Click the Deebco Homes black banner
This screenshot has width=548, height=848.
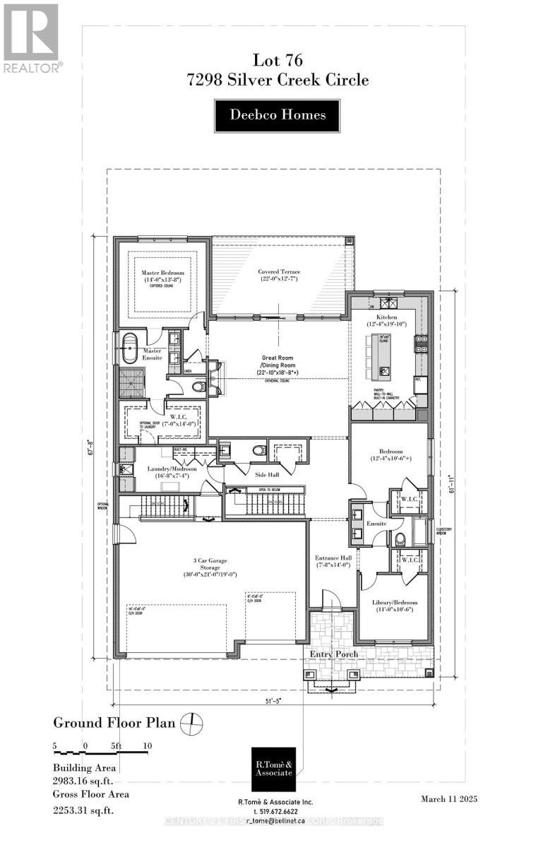pos(278,115)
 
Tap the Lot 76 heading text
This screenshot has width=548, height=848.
pos(278,62)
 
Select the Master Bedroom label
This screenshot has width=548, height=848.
pos(162,276)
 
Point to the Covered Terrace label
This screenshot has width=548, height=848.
pos(280,276)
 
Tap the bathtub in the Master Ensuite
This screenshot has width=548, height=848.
pos(131,350)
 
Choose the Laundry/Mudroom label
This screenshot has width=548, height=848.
pos(166,472)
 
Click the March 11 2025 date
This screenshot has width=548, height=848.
pos(448,799)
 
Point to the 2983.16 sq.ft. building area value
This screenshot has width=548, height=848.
pos(83,782)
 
